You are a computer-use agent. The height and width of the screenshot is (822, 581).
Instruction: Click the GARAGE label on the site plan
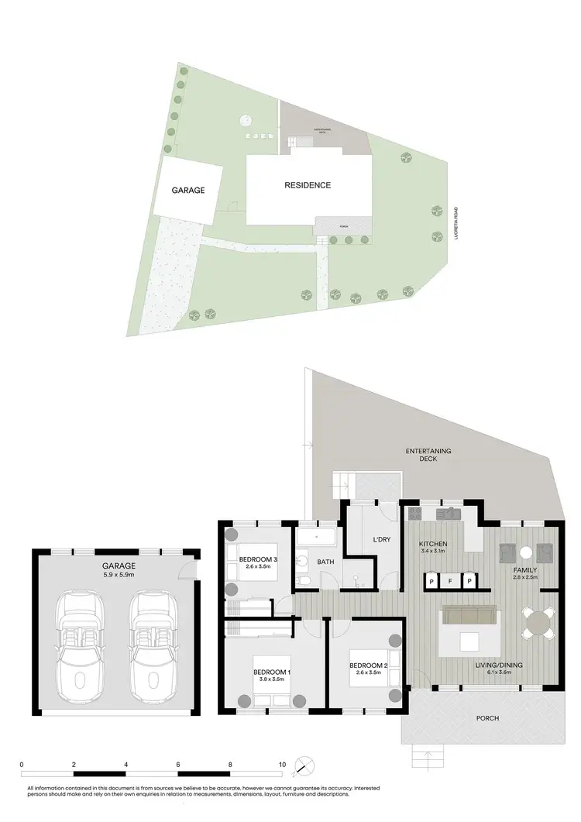click(x=188, y=190)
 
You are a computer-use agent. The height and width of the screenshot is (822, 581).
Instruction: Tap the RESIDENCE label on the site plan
click(x=308, y=185)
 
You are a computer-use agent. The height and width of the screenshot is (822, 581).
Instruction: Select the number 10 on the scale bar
click(x=283, y=764)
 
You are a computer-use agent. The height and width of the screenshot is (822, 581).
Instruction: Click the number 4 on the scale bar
click(x=125, y=764)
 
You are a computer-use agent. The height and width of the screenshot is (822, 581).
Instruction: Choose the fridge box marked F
click(x=450, y=580)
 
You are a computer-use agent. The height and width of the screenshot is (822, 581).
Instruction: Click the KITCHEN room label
click(x=434, y=544)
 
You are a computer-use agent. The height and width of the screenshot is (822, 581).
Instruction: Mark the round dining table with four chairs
click(x=538, y=621)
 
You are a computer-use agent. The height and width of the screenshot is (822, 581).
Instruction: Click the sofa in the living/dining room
click(x=469, y=617)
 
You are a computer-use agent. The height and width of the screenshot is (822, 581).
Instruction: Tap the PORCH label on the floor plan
click(x=488, y=718)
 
